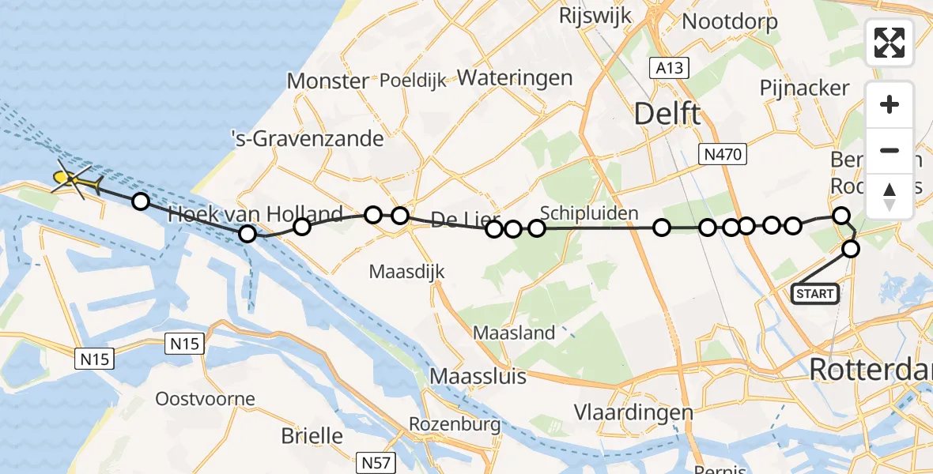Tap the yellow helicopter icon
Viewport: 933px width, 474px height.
click(x=74, y=181)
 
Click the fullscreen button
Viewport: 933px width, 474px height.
click(x=890, y=43)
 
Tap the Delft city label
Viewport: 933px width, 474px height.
click(x=667, y=115)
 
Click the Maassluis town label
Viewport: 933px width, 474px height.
click(x=478, y=375)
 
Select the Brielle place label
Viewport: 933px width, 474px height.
click(x=312, y=435)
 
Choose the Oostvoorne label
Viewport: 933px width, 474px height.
click(x=206, y=397)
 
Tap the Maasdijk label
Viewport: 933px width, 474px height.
click(x=407, y=272)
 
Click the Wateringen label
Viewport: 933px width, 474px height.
click(x=515, y=77)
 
